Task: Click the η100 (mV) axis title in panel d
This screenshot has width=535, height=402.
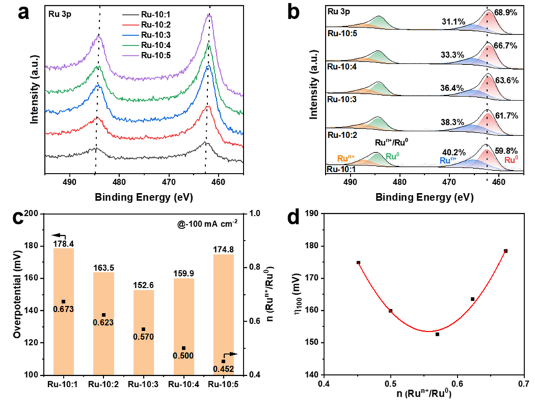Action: click(x=292, y=293)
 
